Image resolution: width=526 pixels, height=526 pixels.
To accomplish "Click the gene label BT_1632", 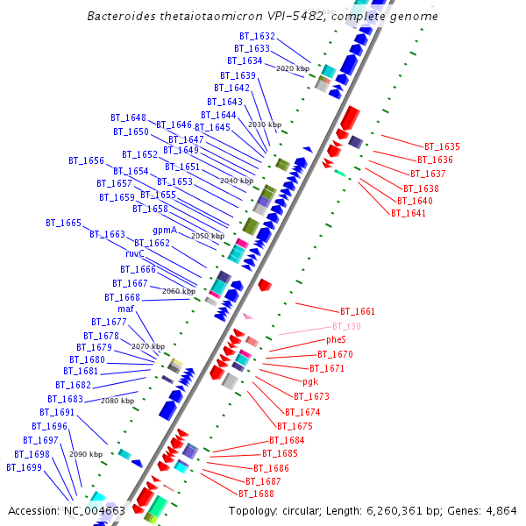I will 257,36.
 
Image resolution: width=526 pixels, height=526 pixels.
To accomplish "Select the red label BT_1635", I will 442,146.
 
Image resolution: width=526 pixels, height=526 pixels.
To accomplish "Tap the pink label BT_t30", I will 346,326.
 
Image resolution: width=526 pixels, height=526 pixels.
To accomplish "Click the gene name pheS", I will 336,339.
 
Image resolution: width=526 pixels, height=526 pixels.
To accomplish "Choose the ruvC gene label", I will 134,253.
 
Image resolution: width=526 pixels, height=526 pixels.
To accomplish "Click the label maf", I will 125,309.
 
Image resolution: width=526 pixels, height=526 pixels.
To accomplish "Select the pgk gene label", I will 310,382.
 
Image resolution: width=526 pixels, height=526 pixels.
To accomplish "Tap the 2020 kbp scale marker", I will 293,68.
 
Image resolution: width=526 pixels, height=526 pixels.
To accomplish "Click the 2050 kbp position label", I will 208,236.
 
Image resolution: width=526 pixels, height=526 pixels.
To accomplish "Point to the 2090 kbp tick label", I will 86,454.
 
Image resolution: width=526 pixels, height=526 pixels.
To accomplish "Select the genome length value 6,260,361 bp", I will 405,510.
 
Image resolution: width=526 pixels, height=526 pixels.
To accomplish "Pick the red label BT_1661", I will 357,311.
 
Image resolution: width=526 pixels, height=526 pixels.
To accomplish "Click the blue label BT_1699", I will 24,467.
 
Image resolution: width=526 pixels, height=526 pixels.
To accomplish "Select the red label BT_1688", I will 257,494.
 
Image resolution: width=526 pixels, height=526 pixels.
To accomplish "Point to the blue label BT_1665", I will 63,224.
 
